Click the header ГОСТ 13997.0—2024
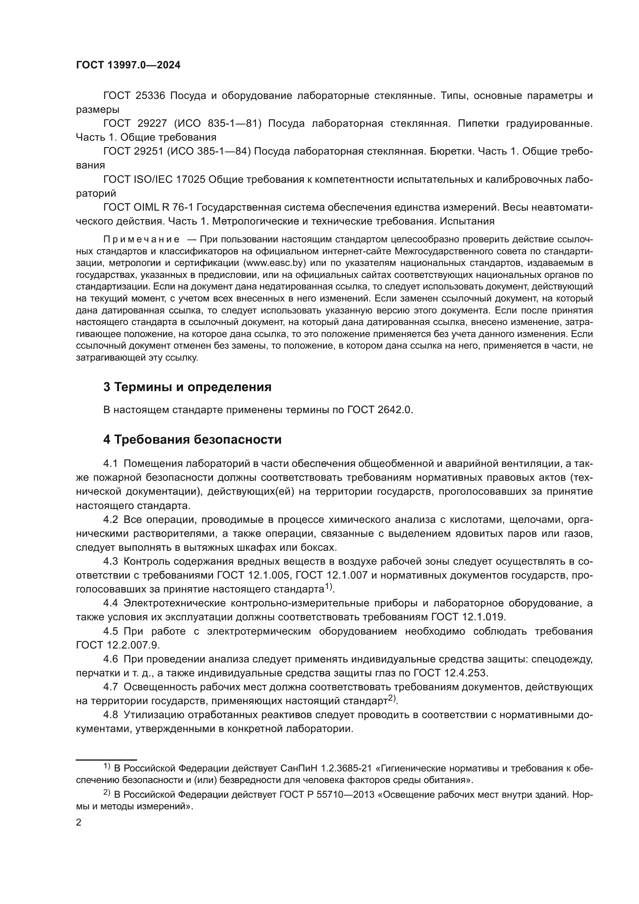pos(128,65)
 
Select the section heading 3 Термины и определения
pos(187,387)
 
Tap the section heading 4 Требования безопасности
pos(192,439)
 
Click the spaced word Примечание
pos(141,239)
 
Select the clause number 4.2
pos(110,520)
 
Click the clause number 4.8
pos(110,715)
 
